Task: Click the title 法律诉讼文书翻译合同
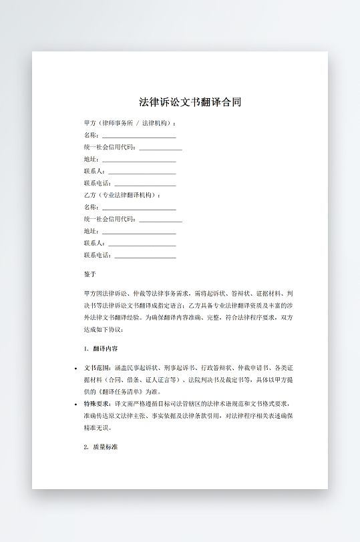click(x=190, y=103)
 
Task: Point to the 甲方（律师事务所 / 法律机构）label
click(x=130, y=123)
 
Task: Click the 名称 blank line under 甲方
click(x=139, y=136)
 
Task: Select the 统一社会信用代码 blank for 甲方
click(x=160, y=148)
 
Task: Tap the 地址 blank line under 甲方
click(x=139, y=160)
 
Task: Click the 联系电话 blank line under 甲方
click(x=146, y=184)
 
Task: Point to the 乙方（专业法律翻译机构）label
click(x=122, y=195)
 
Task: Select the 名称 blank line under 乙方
click(x=139, y=208)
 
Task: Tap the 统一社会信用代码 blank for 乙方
click(x=160, y=220)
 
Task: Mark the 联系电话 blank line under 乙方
click(x=146, y=256)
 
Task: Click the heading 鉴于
click(x=90, y=274)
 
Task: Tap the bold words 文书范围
click(x=98, y=368)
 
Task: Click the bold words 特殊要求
click(x=98, y=404)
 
